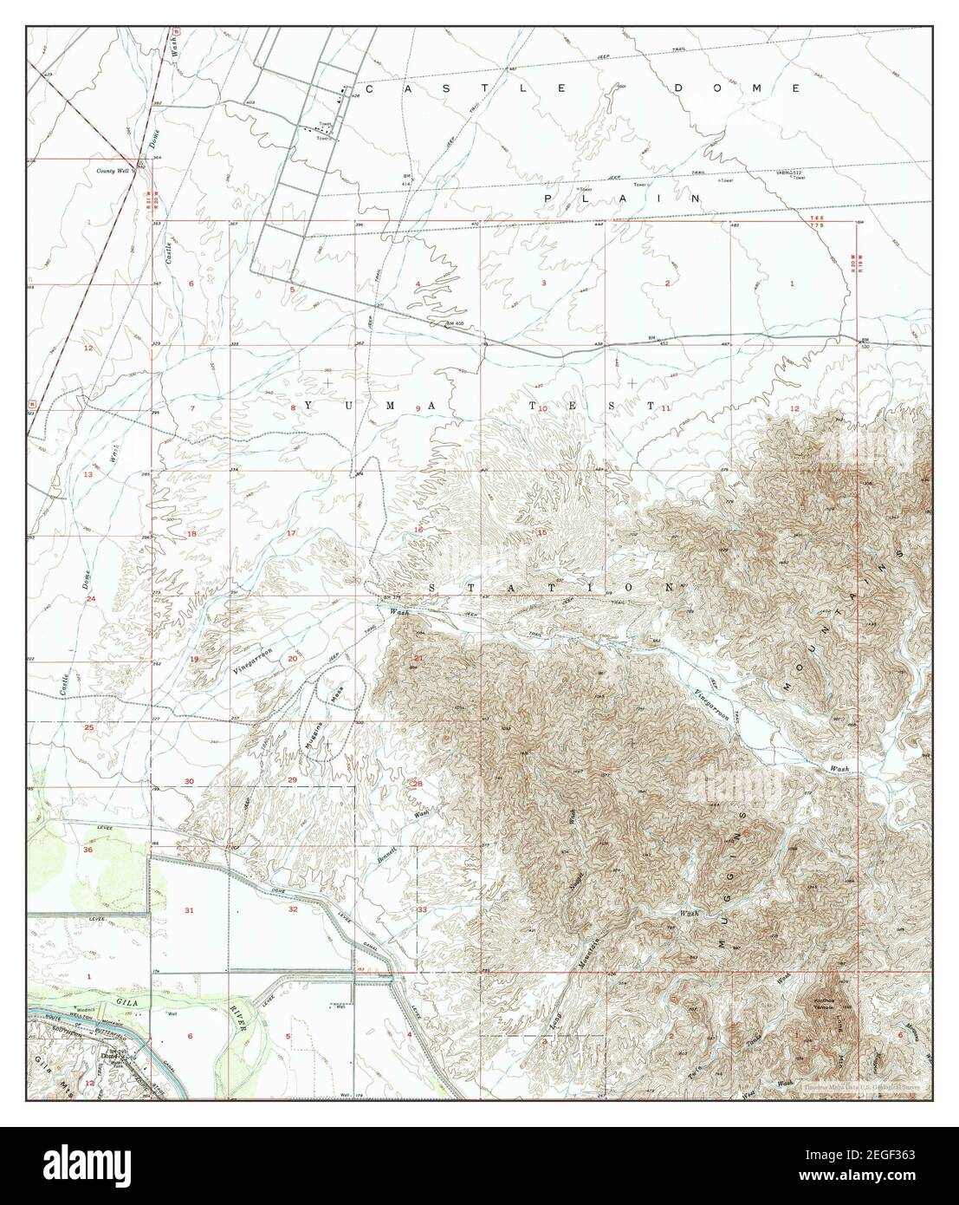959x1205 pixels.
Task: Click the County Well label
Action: click(113, 172)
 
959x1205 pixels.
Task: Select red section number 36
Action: click(88, 850)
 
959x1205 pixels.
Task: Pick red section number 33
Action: click(422, 909)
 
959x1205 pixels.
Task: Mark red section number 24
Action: click(90, 599)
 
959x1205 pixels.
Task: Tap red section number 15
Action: click(542, 532)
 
